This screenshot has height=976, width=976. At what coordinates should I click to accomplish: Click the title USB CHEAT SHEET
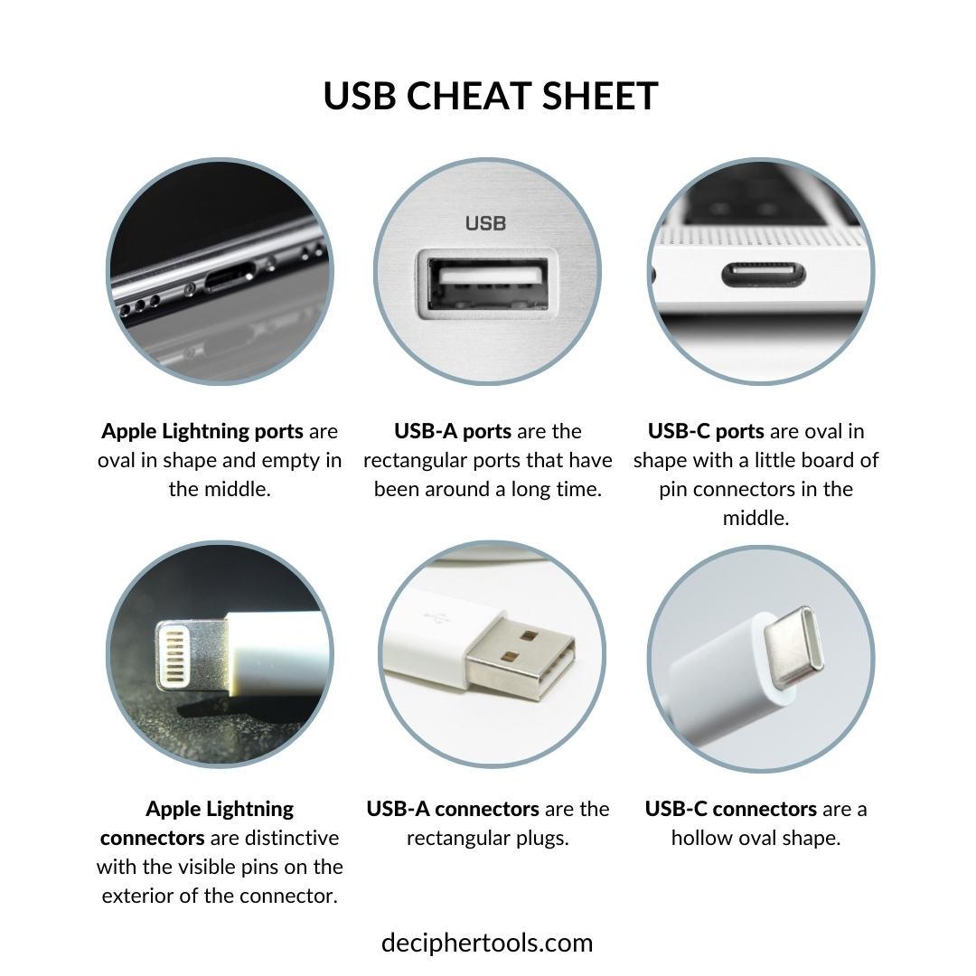(491, 96)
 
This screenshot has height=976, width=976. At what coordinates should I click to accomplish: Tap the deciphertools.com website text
(487, 943)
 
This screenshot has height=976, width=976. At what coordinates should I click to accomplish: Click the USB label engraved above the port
(485, 223)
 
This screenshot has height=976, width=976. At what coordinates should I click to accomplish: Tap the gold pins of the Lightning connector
(173, 656)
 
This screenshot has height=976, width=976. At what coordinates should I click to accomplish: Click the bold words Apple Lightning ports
(202, 431)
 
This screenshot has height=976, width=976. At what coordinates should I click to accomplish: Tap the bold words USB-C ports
(706, 431)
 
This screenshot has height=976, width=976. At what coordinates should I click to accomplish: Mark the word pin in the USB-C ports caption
(672, 489)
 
